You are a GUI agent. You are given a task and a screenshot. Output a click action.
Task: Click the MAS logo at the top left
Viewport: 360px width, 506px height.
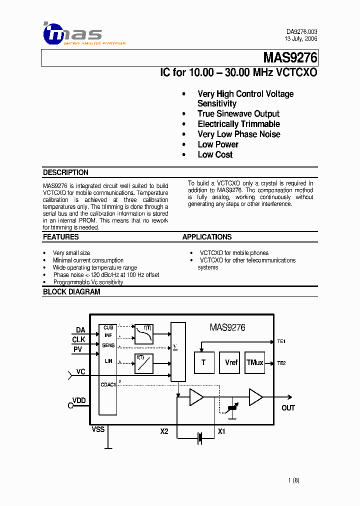coord(72,33)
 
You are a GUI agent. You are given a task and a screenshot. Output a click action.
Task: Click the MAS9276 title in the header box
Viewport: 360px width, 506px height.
coord(290,58)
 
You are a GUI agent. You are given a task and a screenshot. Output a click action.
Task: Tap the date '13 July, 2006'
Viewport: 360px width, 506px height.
coord(300,38)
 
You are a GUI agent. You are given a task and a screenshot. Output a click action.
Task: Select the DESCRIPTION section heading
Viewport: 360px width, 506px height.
coord(65,172)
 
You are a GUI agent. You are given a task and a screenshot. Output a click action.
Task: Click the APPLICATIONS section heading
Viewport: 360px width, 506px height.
coord(207,237)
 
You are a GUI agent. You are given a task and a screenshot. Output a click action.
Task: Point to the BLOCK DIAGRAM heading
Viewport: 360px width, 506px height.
coord(71,291)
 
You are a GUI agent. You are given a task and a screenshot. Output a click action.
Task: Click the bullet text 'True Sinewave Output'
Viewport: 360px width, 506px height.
coord(238,114)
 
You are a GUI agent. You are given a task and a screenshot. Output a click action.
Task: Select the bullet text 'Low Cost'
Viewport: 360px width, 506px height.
coord(215,154)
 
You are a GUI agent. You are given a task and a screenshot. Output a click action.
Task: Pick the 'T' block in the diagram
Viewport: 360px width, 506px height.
coord(203,362)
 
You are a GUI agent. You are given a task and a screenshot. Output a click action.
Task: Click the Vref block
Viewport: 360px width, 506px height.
coord(231,362)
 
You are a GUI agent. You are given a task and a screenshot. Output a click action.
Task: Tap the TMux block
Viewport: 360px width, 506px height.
coord(255,362)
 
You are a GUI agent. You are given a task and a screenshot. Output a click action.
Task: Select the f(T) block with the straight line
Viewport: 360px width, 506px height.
coord(143,363)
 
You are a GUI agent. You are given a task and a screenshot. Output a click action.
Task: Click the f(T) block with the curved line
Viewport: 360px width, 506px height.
coord(143,333)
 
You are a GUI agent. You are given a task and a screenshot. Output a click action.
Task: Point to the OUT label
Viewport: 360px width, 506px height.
coord(288,408)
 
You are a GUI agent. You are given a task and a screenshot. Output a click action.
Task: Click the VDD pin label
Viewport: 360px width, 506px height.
coord(79,400)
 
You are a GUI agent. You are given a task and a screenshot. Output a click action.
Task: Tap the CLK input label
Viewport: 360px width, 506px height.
coord(78,340)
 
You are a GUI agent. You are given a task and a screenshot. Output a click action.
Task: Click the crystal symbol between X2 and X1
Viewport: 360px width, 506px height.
coord(199,438)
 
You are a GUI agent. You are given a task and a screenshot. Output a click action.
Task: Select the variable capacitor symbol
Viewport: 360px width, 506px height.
coord(231,408)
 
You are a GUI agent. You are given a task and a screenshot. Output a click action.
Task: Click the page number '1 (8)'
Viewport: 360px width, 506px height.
coord(293,480)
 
